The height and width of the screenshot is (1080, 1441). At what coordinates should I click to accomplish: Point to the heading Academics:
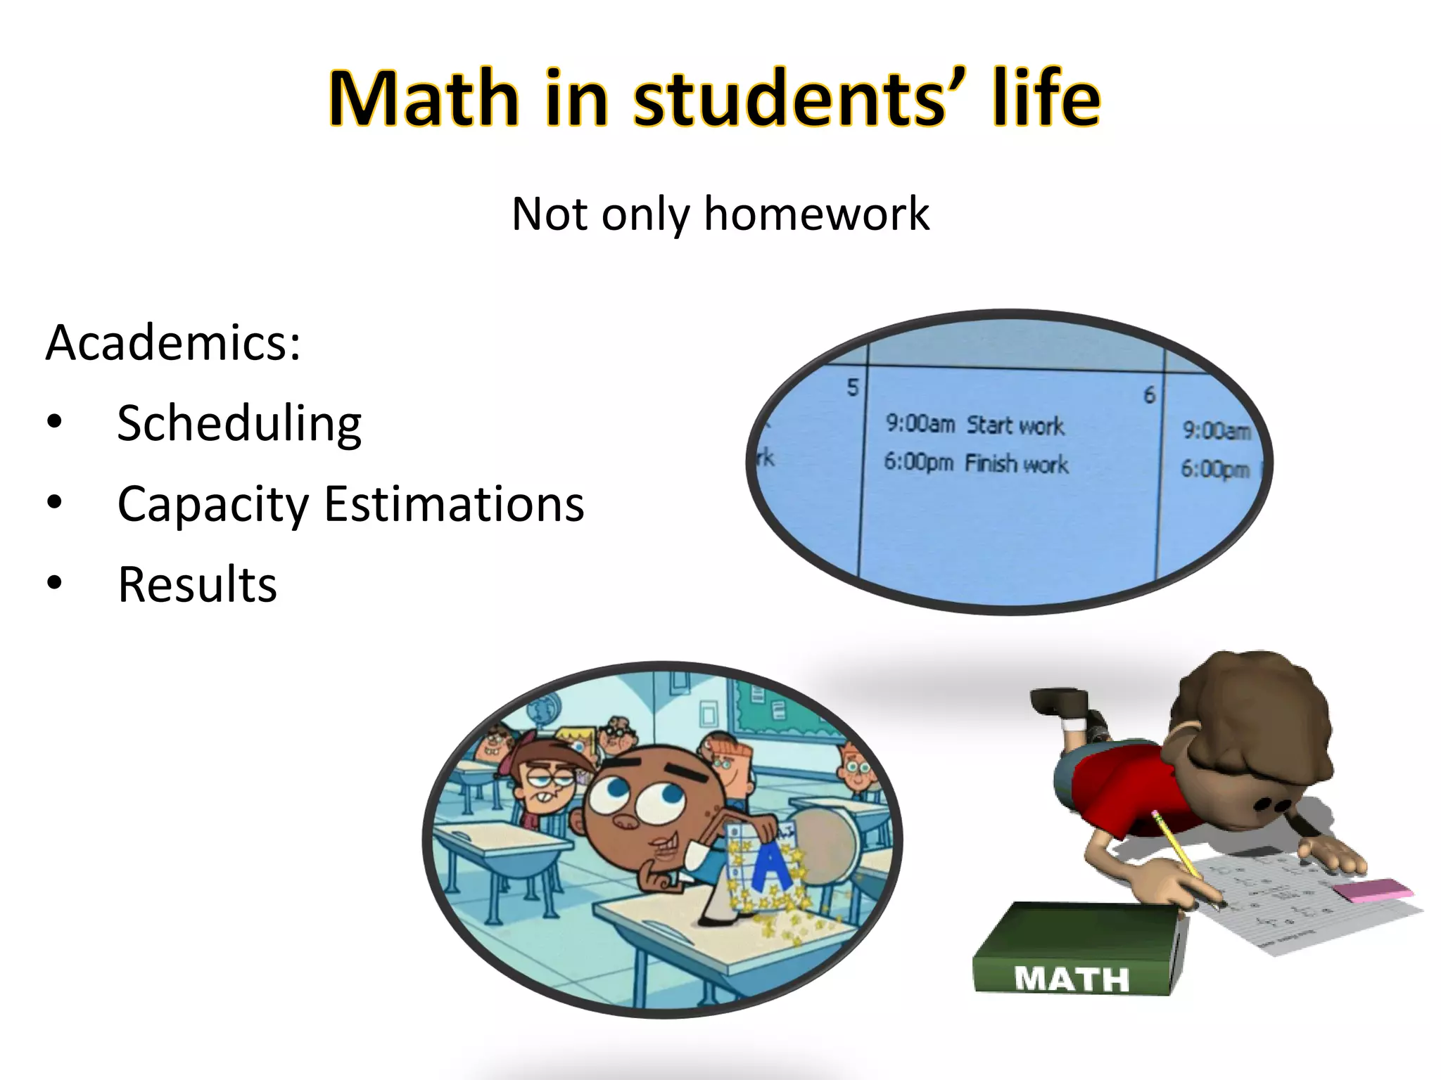173,342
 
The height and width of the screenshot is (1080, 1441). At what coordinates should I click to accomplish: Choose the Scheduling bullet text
239,424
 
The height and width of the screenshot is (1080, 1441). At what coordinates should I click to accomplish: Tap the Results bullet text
197,584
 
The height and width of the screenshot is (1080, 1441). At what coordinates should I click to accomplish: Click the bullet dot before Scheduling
55,422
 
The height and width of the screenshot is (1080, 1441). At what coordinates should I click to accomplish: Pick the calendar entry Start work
1015,425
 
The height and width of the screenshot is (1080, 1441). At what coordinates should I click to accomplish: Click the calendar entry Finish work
1016,464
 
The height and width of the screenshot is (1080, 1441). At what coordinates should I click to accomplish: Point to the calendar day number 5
853,387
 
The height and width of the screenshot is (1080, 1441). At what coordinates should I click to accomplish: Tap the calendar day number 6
1149,395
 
